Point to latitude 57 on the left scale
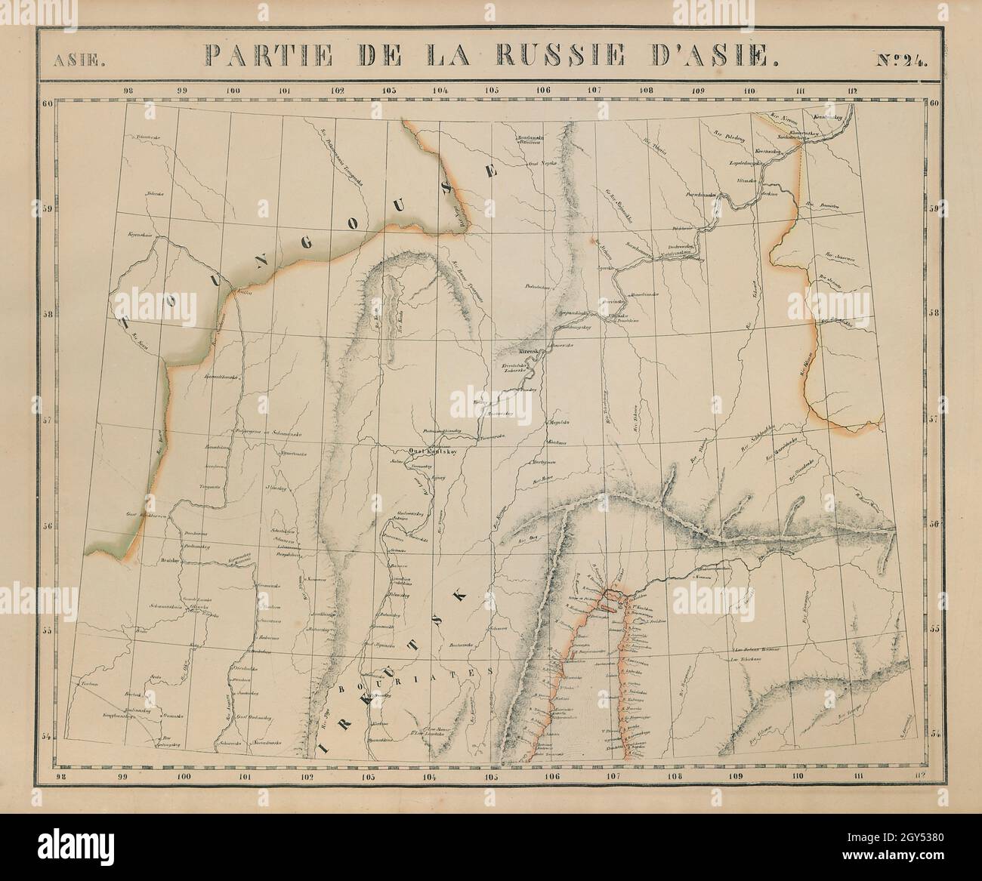[47, 420]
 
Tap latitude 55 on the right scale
[934, 629]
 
